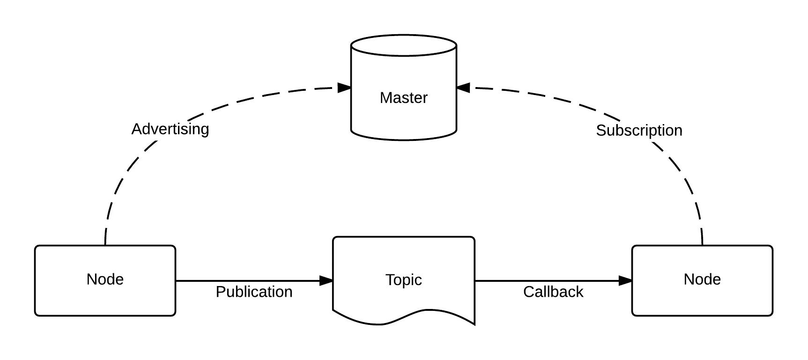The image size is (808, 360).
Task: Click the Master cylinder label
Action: pos(403,98)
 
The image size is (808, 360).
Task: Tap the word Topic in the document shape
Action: pos(403,280)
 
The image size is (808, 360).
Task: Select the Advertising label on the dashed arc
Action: pos(170,129)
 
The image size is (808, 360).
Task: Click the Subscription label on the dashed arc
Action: pos(639,130)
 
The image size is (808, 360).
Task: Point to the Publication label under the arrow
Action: pos(254,292)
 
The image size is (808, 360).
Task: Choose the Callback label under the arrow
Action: pos(553,292)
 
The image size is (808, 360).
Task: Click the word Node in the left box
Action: pos(105,279)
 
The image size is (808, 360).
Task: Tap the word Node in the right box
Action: pos(702,279)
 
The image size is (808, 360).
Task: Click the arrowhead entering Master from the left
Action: pos(345,88)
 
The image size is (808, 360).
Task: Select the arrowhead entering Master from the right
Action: pos(463,88)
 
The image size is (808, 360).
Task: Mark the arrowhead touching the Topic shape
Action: pos(326,281)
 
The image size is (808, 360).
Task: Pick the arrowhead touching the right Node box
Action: pos(625,281)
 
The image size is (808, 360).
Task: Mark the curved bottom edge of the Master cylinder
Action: pos(403,139)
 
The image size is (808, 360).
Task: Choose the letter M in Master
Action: pos(385,98)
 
